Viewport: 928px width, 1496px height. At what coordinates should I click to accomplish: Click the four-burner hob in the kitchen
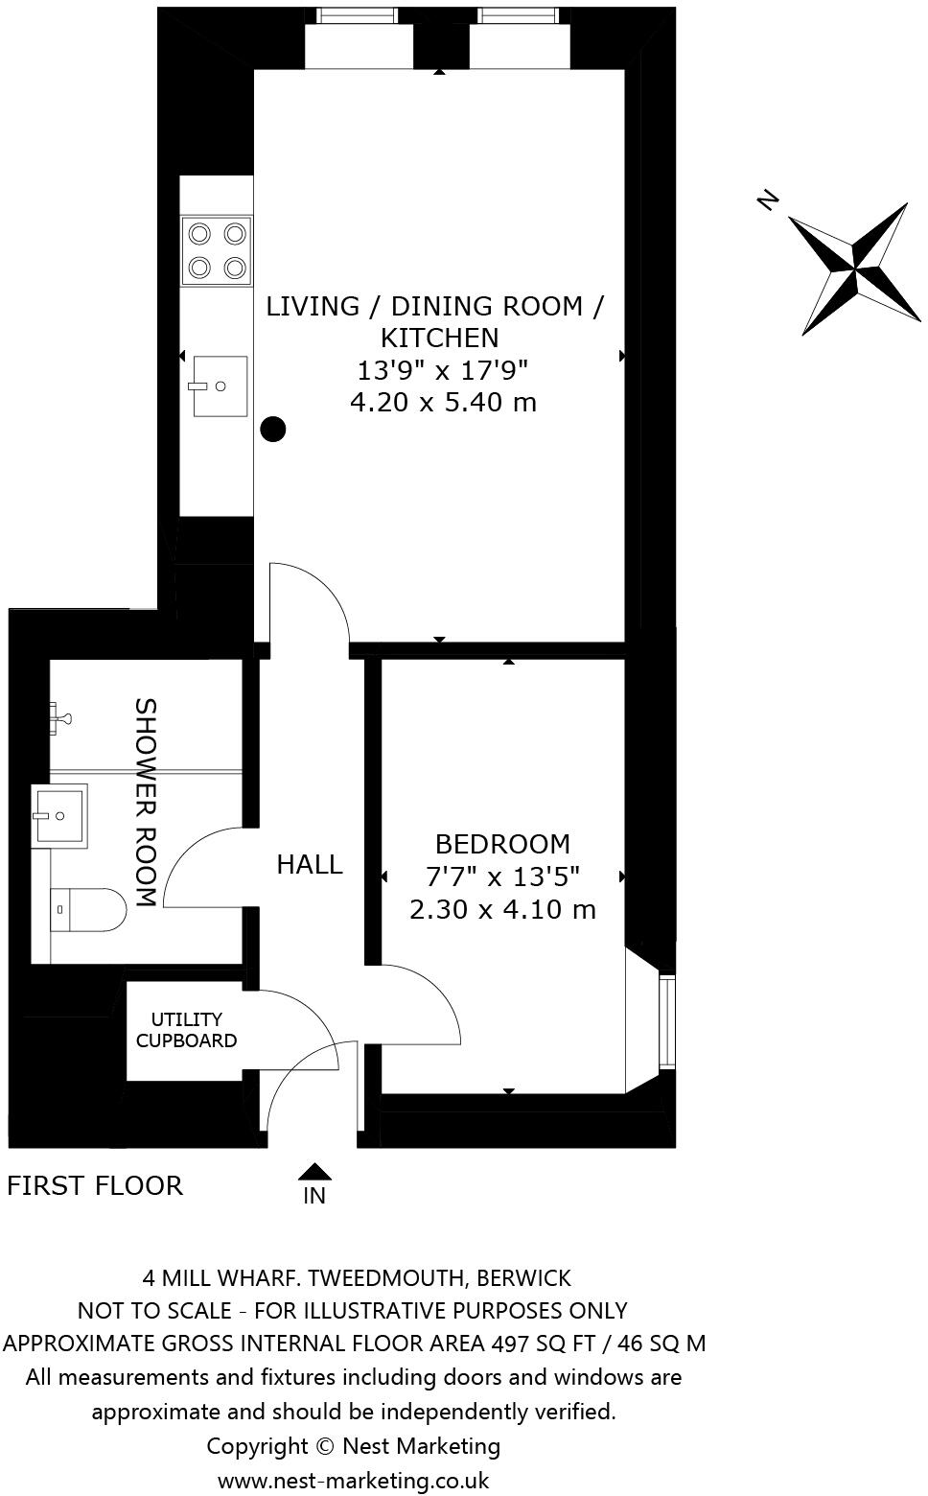(217, 250)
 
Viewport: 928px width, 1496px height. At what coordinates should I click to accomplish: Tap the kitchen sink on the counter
(220, 386)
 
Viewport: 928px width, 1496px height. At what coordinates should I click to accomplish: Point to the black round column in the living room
(273, 430)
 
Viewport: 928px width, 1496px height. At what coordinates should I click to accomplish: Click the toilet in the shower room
(89, 909)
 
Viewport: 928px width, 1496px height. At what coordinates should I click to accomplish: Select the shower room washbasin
(59, 815)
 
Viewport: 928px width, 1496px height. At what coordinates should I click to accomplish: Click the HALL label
(310, 864)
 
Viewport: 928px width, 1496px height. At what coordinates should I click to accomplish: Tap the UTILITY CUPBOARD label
(186, 1029)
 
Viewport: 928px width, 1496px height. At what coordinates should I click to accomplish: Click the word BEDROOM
(502, 844)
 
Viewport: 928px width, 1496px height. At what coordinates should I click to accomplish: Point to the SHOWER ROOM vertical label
(146, 802)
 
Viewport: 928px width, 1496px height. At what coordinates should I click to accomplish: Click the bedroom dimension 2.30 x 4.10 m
(502, 910)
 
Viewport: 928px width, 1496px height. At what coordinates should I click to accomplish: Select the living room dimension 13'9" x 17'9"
(443, 370)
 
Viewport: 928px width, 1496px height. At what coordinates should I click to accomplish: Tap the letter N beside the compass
(769, 199)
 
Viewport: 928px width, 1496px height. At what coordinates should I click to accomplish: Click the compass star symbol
(854, 269)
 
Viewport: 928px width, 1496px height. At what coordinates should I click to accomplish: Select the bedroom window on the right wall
(667, 1021)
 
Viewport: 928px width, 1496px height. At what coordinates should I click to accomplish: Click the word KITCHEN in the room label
(440, 338)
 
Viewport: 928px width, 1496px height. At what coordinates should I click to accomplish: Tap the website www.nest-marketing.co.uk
(354, 1481)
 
